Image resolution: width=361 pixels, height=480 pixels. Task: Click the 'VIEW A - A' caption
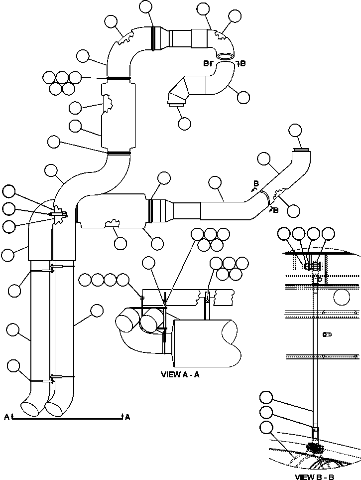(180, 374)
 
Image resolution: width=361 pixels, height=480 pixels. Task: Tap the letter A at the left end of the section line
(6, 417)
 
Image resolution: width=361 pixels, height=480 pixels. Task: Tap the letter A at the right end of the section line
(127, 417)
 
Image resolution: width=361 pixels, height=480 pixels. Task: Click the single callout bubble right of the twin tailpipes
(96, 311)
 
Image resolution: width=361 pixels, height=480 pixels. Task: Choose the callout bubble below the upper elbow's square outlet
(184, 123)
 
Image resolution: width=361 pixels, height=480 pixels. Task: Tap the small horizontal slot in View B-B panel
(326, 334)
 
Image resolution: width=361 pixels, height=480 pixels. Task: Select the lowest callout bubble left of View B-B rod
(266, 428)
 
